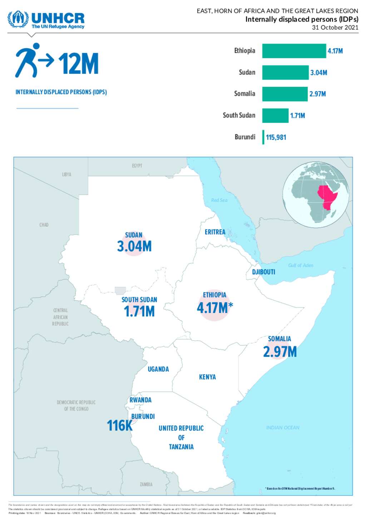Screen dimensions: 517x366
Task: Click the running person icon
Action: [28, 60]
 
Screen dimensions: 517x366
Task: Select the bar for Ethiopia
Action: [294, 51]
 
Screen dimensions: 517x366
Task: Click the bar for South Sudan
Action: [275, 116]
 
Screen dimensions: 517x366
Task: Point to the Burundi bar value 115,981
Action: [276, 137]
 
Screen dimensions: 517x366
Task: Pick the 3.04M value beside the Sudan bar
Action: [318, 73]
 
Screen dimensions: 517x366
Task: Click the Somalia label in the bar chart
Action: [244, 94]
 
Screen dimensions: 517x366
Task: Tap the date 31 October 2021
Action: [335, 27]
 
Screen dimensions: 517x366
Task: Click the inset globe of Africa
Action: [316, 195]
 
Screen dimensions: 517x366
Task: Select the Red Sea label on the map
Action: [219, 200]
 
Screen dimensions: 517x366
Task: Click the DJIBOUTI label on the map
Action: [263, 272]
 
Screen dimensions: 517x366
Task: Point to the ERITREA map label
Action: [215, 232]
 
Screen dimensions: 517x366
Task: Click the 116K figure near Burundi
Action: [120, 426]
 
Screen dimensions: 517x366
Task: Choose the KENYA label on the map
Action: [207, 377]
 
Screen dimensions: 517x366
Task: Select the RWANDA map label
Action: [140, 400]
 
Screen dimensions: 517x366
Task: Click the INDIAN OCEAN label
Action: [283, 428]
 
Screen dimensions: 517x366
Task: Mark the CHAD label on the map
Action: [44, 225]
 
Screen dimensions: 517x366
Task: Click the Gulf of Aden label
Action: [301, 266]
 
